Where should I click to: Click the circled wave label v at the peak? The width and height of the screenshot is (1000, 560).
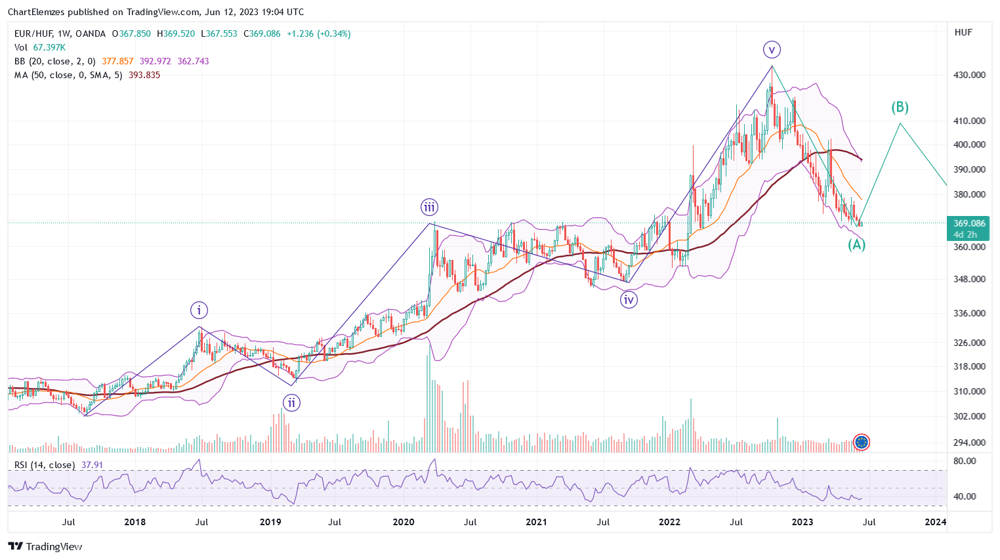click(x=772, y=49)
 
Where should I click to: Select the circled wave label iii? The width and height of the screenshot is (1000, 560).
click(x=429, y=207)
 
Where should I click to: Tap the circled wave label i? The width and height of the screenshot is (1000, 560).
click(x=199, y=310)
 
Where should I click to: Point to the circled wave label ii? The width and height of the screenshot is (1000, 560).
click(x=291, y=402)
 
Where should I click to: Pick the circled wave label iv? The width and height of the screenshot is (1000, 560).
click(x=629, y=300)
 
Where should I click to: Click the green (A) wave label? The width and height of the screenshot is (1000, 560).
click(x=856, y=245)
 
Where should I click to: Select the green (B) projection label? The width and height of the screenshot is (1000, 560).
click(x=900, y=107)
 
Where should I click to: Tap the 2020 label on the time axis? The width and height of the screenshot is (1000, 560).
click(x=404, y=522)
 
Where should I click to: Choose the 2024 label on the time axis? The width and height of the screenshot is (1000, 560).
click(x=935, y=522)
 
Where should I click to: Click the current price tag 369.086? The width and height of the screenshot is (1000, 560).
click(x=969, y=223)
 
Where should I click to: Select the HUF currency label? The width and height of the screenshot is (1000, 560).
click(x=963, y=32)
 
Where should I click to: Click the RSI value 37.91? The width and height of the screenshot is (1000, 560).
click(x=93, y=465)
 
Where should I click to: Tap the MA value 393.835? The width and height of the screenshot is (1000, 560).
click(x=144, y=75)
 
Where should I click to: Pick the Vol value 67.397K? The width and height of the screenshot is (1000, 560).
click(x=49, y=47)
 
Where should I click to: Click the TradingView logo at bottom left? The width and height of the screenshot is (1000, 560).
click(x=45, y=546)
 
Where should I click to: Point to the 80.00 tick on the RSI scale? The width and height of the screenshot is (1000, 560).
click(x=965, y=461)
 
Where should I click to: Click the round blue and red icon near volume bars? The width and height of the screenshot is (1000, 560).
click(x=862, y=442)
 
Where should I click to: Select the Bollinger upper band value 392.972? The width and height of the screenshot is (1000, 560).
click(x=155, y=61)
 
